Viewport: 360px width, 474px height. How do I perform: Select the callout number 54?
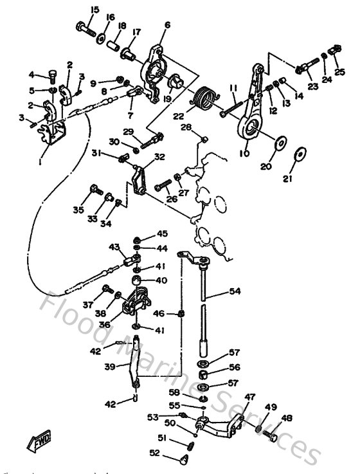pos(235,292)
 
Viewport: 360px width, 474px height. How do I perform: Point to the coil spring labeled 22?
pos(205,99)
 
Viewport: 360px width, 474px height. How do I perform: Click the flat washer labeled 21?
pos(300,155)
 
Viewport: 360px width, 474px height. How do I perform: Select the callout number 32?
pos(159,156)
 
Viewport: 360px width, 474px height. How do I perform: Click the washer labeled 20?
pos(280,142)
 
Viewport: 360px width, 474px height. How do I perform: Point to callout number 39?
pos(109,366)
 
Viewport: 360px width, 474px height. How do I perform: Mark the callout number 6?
pos(167,25)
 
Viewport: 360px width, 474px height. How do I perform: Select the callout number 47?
pos(249,396)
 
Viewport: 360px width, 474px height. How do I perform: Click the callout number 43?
pos(114,247)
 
